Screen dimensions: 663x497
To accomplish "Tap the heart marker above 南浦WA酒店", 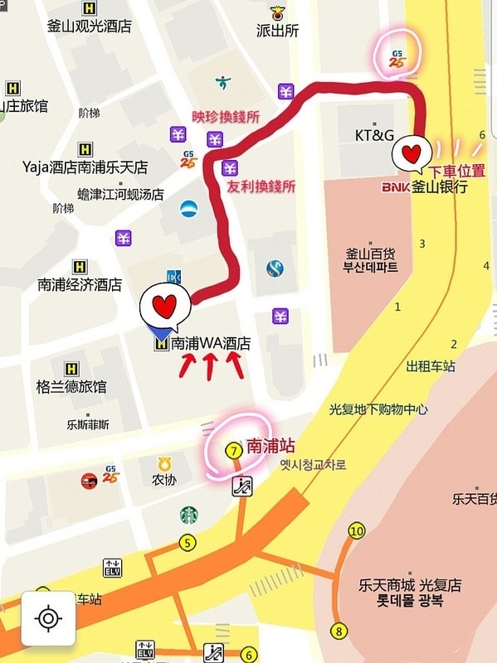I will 164,307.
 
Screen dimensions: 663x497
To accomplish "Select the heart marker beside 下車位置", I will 412,153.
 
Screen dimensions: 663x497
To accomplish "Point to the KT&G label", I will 373,135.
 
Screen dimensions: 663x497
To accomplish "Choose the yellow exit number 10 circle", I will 357,531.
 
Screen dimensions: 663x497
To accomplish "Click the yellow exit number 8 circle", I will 338,630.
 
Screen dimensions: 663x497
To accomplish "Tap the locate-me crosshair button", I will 48,618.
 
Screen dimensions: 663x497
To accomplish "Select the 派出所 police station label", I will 277,31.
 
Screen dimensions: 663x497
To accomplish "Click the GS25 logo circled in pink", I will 397,59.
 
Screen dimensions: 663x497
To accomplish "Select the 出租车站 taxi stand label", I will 431,366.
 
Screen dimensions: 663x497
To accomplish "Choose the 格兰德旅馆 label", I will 71,386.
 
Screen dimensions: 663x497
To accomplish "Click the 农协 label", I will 163,480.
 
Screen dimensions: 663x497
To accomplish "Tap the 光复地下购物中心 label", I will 378,409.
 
